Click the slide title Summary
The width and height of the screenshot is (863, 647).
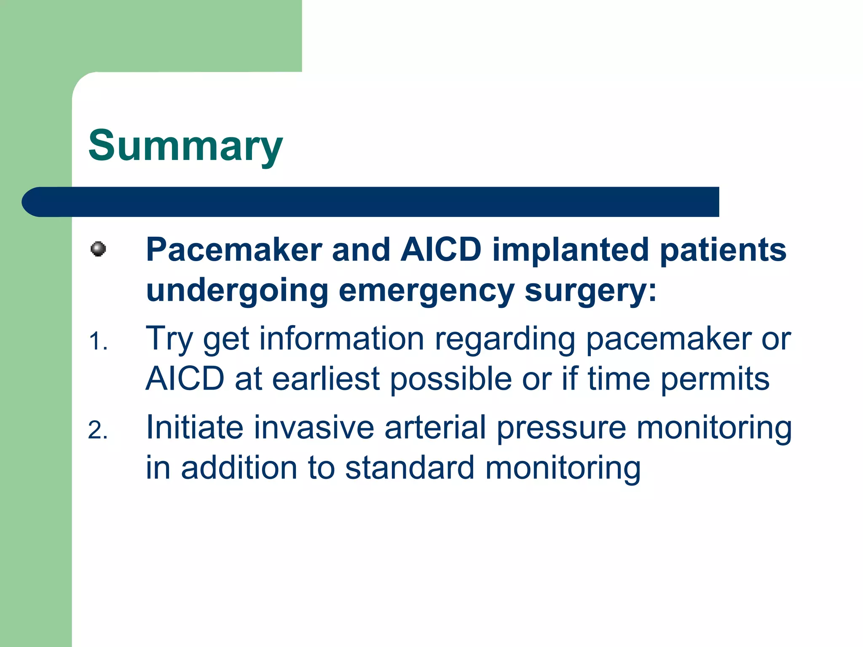[x=185, y=146]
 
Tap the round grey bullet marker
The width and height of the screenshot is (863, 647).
[x=98, y=249]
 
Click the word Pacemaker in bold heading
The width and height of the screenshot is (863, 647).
[x=234, y=250]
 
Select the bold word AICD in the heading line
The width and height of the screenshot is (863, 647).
[x=441, y=250]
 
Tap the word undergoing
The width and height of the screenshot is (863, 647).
[x=237, y=291]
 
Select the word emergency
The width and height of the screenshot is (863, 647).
[x=426, y=291]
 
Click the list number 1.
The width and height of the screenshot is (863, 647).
[x=98, y=341]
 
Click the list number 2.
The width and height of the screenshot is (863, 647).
[x=98, y=430]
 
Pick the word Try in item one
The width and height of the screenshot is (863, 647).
[x=169, y=340]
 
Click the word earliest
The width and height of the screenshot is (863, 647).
[x=326, y=379]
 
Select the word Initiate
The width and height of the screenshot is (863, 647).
[x=194, y=428]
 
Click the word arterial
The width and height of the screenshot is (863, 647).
[x=435, y=428]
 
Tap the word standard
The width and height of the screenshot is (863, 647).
[x=410, y=468]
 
